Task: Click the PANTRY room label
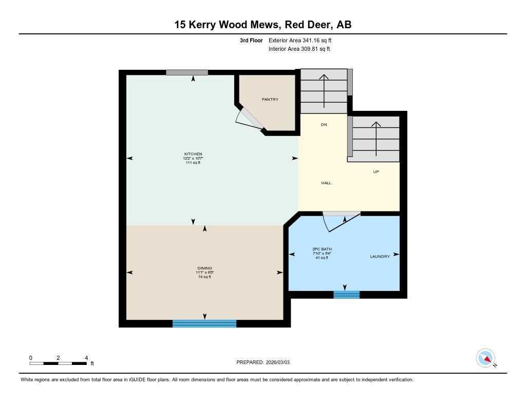[x=270, y=99]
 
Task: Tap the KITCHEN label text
[x=193, y=154]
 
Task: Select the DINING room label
[x=204, y=268]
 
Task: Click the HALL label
[x=326, y=183]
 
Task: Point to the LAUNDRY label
[x=380, y=256]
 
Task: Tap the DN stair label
[x=324, y=125]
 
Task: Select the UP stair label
[x=376, y=171]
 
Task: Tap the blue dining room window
[x=204, y=323]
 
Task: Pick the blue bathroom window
[x=346, y=294]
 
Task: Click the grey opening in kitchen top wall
[x=187, y=72]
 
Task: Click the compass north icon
[x=485, y=358]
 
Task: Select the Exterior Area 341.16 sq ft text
[x=304, y=40]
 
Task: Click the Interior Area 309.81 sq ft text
[x=299, y=49]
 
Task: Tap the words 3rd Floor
[x=251, y=40]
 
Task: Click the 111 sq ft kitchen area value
[x=193, y=163]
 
